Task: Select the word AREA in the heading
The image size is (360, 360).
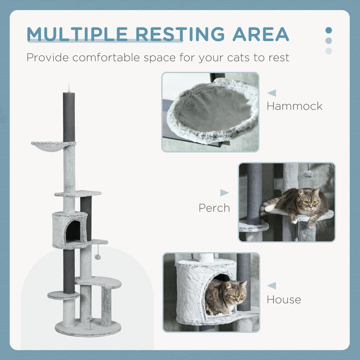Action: [260, 34]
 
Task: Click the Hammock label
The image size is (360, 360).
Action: [294, 106]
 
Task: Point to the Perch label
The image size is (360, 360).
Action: [214, 207]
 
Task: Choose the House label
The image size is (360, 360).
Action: [283, 299]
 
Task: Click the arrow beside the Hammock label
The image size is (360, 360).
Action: [271, 93]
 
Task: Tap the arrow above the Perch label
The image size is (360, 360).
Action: [224, 192]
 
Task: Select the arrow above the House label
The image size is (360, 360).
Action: [271, 285]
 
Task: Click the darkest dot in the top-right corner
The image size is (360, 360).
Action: [328, 30]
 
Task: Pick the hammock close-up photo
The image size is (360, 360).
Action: [210, 112]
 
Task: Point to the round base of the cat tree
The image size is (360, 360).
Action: [88, 328]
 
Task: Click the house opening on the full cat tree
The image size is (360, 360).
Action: [73, 231]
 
